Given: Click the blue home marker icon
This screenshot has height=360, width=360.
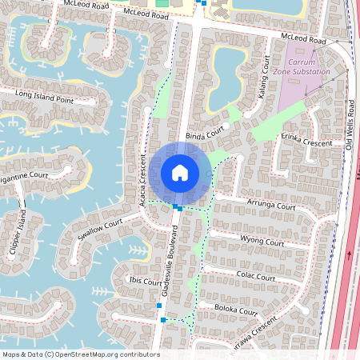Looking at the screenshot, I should (180, 173).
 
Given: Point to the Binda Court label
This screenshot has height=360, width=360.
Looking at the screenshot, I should (203, 137).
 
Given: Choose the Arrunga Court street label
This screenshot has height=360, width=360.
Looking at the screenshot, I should (270, 206).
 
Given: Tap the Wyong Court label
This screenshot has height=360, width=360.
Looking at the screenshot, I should (262, 242).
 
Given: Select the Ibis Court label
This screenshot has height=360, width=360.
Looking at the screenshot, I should (145, 282).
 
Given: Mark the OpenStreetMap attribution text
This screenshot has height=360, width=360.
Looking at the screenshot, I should (80, 354).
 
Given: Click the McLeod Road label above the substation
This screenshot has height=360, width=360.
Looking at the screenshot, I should (305, 39).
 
